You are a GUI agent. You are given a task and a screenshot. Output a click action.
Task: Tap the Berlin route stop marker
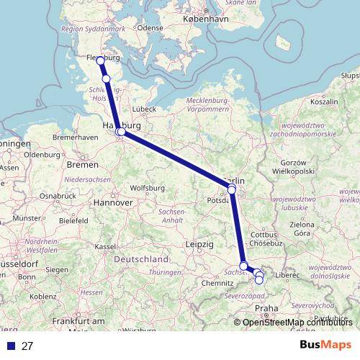coord(232,189)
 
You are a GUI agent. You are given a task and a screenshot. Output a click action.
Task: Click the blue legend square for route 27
coord(10,346)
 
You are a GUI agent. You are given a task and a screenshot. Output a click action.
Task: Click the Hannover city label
coord(112,203)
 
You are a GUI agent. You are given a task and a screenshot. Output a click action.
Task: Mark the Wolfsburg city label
coord(148,188)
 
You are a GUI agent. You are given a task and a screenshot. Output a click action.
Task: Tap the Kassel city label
coord(105,246)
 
